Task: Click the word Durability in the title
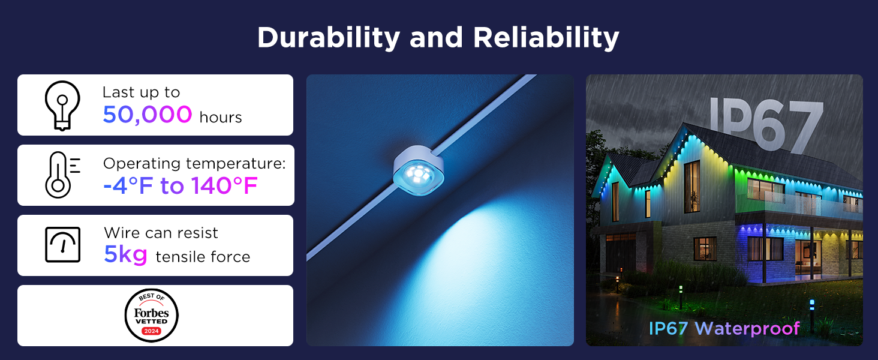pyautogui.click(x=329, y=38)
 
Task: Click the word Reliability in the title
pyautogui.click(x=546, y=38)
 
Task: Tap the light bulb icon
pyautogui.click(x=62, y=105)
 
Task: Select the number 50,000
pyautogui.click(x=148, y=114)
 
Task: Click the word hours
pyautogui.click(x=221, y=117)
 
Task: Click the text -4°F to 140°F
pyautogui.click(x=180, y=187)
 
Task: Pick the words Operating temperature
pyautogui.click(x=194, y=164)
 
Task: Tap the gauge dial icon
pyautogui.click(x=62, y=245)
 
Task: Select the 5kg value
pyautogui.click(x=125, y=255)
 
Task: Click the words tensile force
pyautogui.click(x=203, y=257)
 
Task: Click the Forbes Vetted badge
pyautogui.click(x=151, y=316)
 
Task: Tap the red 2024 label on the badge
pyautogui.click(x=151, y=331)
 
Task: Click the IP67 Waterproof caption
pyautogui.click(x=724, y=328)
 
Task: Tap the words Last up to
pyautogui.click(x=141, y=92)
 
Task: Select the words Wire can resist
pyautogui.click(x=161, y=233)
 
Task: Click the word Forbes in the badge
pyautogui.click(x=151, y=313)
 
